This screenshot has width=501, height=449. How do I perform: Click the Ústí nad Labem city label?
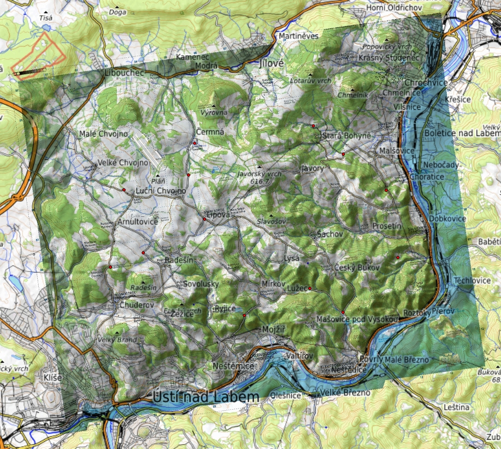click(206, 397)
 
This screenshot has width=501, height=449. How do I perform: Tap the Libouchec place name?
click(124, 73)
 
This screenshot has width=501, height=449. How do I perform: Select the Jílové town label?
click(272, 63)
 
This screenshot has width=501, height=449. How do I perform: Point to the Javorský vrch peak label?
click(260, 174)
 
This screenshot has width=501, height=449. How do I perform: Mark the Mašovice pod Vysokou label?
click(356, 318)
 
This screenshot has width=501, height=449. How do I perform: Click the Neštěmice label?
click(233, 366)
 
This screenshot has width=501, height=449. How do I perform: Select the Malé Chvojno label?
click(103, 134)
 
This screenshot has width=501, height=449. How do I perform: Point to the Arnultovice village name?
click(138, 221)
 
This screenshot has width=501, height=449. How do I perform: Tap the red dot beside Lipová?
click(204, 219)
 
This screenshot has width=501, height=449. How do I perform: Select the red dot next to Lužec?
click(310, 288)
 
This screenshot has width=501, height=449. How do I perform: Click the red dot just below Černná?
click(194, 143)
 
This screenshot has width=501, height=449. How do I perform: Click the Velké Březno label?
click(345, 393)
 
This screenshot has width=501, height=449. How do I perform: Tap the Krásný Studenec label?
click(388, 57)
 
